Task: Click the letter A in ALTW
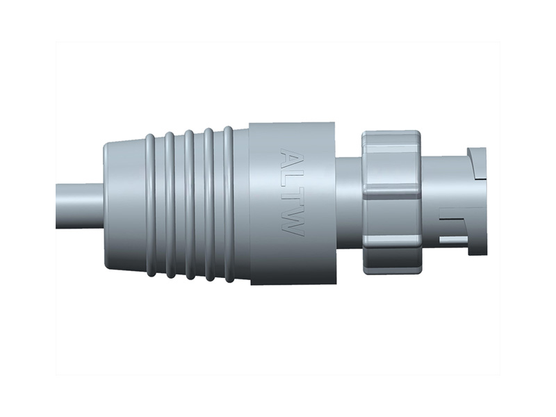292,158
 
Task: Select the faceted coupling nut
391,202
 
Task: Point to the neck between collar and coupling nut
347,202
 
